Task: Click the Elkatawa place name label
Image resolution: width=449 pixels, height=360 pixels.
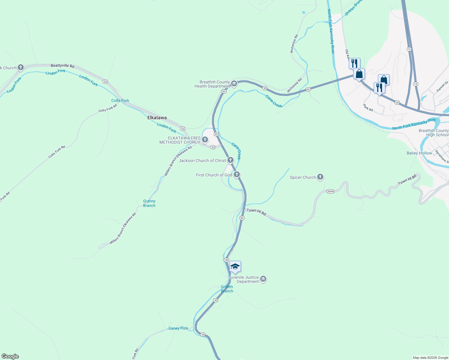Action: click(x=157, y=118)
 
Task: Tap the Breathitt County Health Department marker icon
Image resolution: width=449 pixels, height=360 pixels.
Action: click(x=234, y=83)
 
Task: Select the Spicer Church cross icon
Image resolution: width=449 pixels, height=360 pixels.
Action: click(x=320, y=177)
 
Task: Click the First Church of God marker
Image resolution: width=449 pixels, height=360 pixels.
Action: click(x=237, y=174)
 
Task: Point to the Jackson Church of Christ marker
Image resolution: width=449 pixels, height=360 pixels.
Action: click(x=230, y=160)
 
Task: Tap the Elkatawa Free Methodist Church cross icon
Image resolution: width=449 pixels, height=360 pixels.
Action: click(x=205, y=139)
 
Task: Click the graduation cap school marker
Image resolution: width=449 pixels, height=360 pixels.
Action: click(x=235, y=266)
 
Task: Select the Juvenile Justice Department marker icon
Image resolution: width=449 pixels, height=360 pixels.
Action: click(x=263, y=279)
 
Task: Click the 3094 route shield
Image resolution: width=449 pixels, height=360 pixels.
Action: click(x=330, y=191)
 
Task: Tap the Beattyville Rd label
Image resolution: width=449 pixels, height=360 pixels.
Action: click(x=62, y=66)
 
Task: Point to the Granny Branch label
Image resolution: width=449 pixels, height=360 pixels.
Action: click(x=149, y=203)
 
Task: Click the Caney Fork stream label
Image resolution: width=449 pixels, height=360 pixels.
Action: click(x=178, y=328)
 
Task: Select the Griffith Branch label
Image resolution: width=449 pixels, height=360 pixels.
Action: click(x=227, y=289)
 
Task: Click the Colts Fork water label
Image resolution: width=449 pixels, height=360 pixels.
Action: click(x=120, y=100)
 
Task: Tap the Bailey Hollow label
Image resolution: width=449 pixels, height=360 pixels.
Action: click(x=419, y=153)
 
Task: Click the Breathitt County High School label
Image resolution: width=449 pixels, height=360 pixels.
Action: click(x=433, y=133)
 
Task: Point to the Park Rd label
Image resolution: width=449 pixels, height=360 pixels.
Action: click(x=368, y=108)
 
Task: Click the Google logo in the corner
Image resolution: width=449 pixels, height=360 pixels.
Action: click(x=10, y=356)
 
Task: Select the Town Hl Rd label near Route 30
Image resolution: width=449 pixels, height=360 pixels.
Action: click(x=256, y=212)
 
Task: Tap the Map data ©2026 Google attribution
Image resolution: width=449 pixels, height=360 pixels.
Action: click(x=430, y=358)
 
